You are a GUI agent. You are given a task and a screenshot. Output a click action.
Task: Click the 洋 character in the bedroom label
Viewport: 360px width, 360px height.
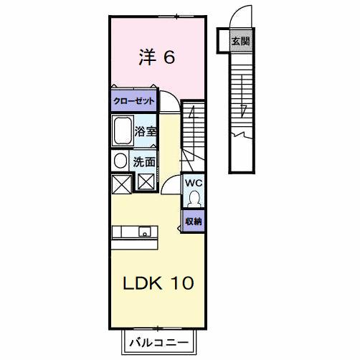146,57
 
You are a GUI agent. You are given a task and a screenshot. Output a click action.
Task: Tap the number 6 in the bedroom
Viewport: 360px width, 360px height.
169,57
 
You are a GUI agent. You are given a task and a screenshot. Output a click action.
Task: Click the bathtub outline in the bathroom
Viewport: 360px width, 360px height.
121,132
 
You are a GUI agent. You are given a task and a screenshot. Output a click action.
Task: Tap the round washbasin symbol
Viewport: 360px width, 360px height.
120,161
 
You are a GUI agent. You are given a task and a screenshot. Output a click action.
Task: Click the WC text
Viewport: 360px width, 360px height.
194,183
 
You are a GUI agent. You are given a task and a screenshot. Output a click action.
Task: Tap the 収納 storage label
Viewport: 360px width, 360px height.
194,222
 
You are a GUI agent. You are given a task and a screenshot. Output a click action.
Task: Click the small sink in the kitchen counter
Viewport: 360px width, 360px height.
145,232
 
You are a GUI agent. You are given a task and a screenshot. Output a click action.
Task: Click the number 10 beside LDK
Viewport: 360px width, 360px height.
181,283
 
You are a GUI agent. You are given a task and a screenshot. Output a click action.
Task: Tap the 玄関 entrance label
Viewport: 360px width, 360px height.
240,41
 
